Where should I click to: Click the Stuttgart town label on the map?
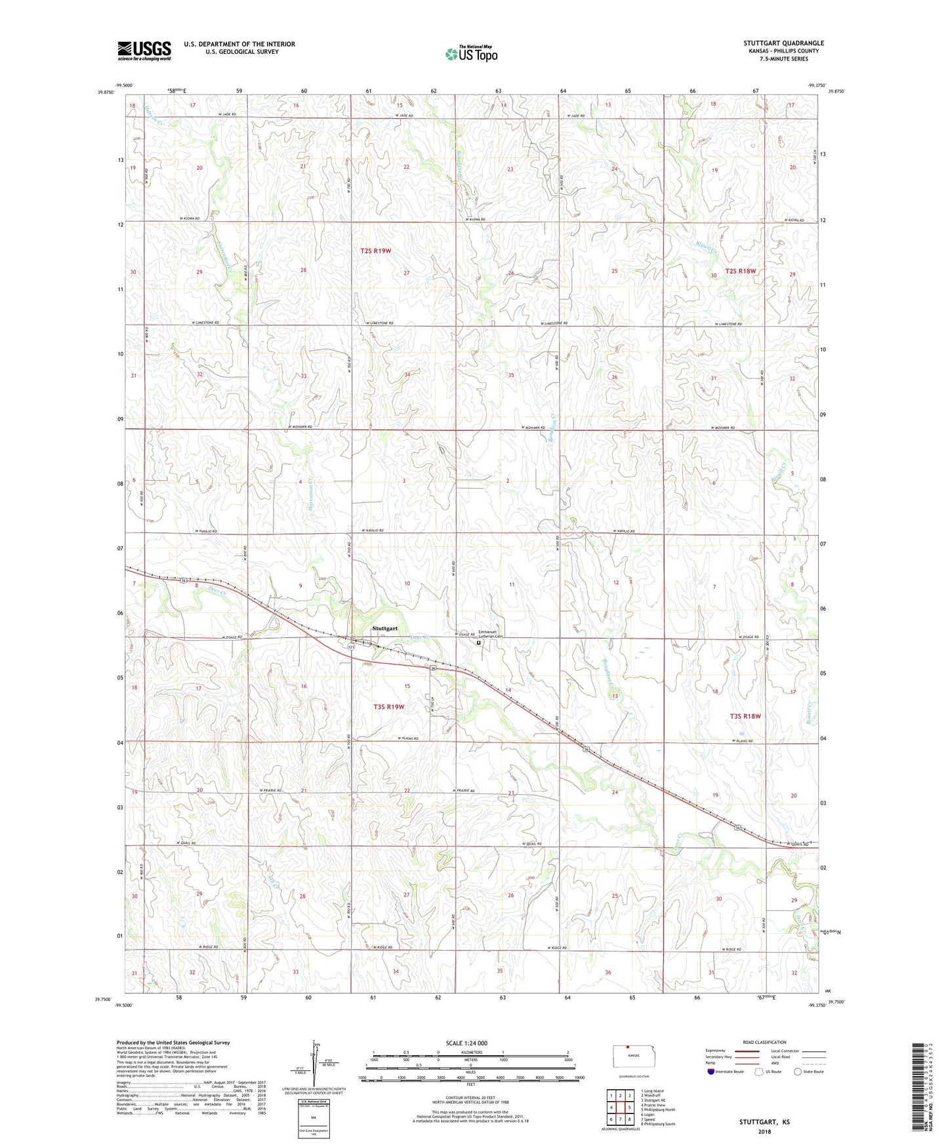[385, 628]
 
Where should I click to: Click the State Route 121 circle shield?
[351, 647]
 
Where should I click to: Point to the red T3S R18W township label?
[745, 716]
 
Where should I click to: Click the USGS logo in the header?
[144, 50]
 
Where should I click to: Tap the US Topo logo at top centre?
[470, 54]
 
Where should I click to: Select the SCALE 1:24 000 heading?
[466, 1043]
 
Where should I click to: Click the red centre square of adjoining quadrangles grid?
[620, 1108]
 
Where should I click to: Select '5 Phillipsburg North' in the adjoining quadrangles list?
[657, 1110]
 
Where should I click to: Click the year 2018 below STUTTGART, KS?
[764, 1132]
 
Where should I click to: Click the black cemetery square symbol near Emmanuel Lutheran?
[478, 643]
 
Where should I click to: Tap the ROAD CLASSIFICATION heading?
[765, 1042]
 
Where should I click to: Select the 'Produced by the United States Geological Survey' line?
[173, 1042]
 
